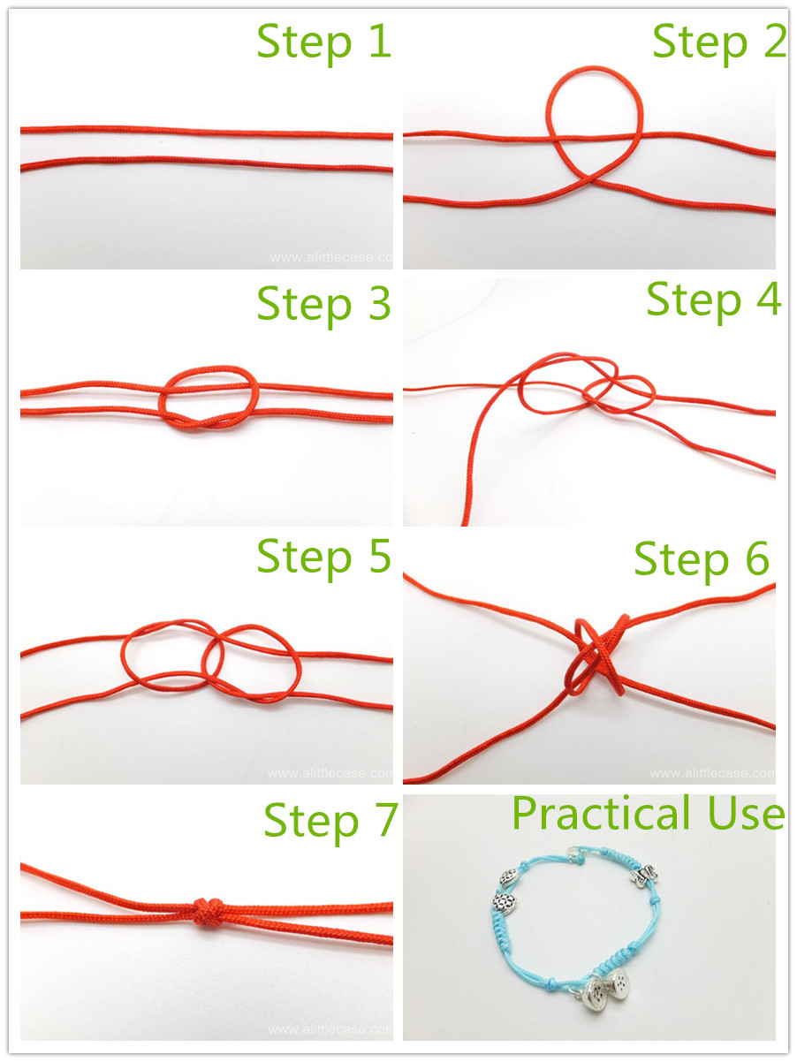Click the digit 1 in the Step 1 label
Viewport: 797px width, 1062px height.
[380, 42]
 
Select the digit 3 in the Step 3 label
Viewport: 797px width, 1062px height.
[380, 303]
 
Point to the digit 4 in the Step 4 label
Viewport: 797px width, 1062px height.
[769, 299]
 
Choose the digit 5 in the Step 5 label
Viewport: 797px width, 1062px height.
[380, 556]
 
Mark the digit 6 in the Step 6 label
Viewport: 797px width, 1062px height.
[757, 558]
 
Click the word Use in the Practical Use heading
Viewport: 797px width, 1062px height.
[746, 814]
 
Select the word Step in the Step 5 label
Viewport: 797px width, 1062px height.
[304, 558]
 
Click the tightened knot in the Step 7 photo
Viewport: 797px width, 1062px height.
[209, 912]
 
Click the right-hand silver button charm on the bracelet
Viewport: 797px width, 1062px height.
[618, 982]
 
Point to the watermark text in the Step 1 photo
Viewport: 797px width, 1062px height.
[331, 257]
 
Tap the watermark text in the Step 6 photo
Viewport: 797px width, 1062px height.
[712, 773]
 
